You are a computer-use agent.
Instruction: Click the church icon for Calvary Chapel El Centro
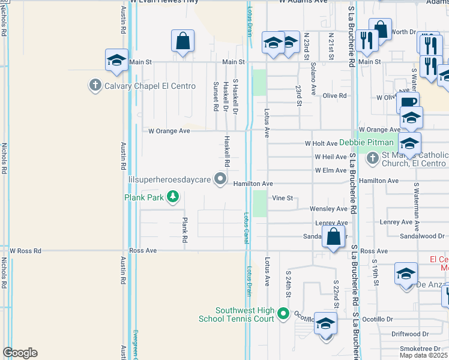94,86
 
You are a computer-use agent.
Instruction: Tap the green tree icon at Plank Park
173,197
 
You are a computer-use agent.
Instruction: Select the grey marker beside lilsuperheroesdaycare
221,178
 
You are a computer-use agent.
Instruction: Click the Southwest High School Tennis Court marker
283,313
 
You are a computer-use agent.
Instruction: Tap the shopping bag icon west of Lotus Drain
183,42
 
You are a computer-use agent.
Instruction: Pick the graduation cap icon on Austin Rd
117,60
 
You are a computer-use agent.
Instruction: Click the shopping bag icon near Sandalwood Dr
333,236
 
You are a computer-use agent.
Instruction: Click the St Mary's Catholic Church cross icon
372,158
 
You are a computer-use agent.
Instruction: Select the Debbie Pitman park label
366,142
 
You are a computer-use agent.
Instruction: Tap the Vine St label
282,198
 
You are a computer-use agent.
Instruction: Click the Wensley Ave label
328,209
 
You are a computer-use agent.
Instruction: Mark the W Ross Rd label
25,251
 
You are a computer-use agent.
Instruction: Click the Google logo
20,353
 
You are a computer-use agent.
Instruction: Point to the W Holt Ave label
321,143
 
